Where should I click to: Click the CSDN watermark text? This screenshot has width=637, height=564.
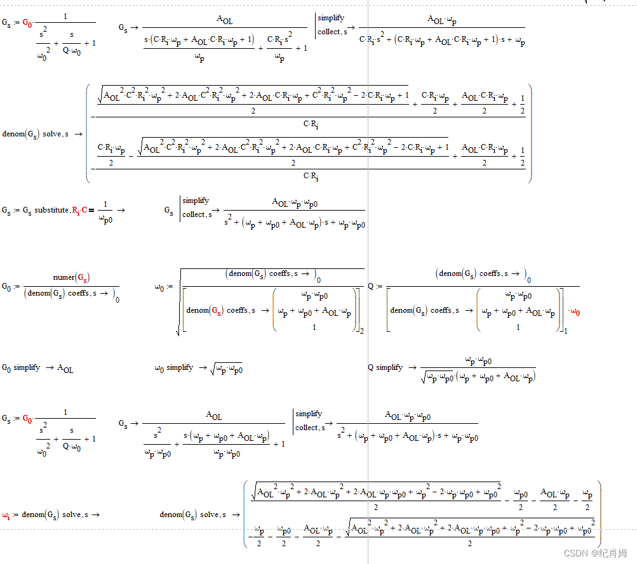click(x=595, y=553)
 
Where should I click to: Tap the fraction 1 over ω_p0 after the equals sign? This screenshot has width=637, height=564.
click(x=105, y=210)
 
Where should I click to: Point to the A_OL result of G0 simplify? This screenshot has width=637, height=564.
click(x=65, y=368)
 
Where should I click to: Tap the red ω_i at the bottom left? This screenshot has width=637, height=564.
click(x=6, y=515)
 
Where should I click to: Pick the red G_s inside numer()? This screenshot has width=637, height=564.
click(x=82, y=277)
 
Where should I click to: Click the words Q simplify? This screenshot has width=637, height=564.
click(x=385, y=367)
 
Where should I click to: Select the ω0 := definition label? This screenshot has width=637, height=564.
click(x=163, y=287)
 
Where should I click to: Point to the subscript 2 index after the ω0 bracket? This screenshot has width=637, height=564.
click(x=361, y=331)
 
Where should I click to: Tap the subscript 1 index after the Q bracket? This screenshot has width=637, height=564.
click(x=565, y=331)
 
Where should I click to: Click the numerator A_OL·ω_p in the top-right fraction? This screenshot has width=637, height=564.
click(x=444, y=20)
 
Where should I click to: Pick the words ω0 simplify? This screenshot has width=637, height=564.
click(x=173, y=367)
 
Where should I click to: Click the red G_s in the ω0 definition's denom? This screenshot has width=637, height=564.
click(x=217, y=310)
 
